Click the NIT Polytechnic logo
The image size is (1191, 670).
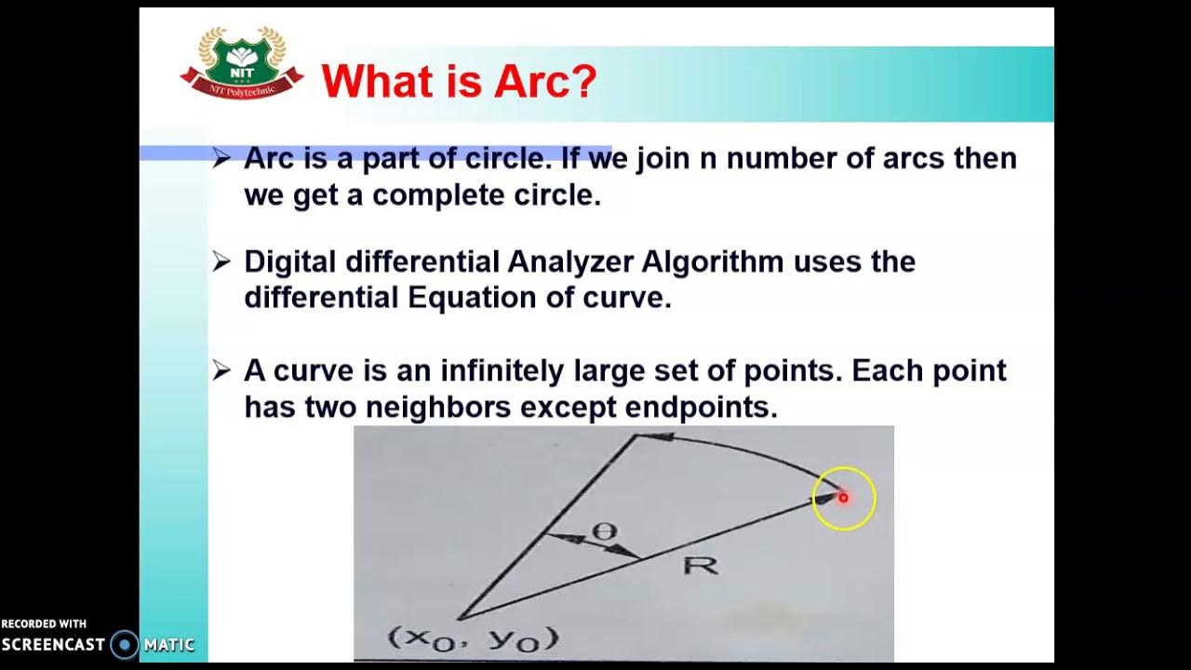pos(241,63)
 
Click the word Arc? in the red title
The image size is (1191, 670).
pos(544,82)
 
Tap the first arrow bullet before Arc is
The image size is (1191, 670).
pos(221,158)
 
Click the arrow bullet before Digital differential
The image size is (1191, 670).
pos(221,261)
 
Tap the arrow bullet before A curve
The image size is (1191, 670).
pos(221,371)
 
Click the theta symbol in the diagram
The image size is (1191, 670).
pos(605,532)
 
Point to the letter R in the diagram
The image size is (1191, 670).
pos(701,564)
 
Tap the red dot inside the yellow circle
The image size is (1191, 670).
pos(844,498)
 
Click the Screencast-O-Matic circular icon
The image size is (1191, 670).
pos(124,644)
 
